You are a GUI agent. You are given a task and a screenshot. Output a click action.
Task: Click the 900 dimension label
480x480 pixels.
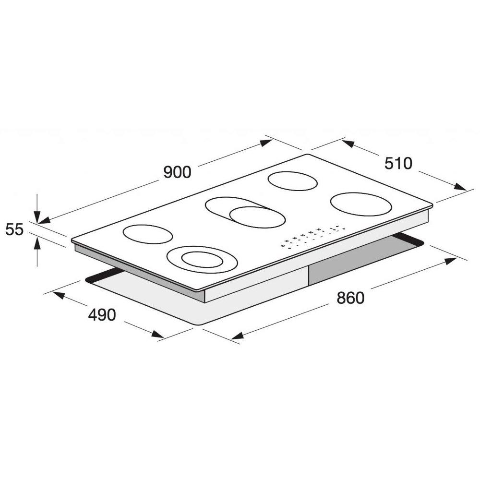(177, 172)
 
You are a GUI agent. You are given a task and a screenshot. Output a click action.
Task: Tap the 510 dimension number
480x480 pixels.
(398, 164)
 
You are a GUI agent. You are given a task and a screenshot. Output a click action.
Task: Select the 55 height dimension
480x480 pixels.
(14, 229)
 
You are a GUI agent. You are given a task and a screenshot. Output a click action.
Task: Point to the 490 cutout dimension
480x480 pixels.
(102, 315)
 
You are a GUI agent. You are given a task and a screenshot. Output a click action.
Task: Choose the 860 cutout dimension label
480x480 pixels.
(350, 298)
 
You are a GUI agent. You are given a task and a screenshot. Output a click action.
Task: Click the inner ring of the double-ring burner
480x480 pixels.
(202, 260)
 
